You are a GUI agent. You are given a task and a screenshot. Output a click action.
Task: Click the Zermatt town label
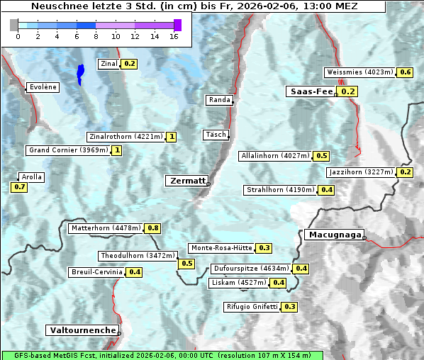[x=186, y=181]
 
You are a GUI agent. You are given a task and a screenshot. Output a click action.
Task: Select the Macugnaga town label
[x=334, y=235]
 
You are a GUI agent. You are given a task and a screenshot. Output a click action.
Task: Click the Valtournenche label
[x=82, y=330]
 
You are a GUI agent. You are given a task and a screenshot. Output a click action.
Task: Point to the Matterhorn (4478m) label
[x=105, y=228]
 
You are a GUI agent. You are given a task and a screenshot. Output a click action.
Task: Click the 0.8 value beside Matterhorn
[x=152, y=228]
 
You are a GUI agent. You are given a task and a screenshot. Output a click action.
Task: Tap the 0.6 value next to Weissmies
[x=405, y=72]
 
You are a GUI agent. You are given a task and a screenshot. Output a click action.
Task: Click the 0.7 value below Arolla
[x=19, y=187]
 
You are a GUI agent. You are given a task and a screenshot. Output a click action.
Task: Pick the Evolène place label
[x=43, y=87]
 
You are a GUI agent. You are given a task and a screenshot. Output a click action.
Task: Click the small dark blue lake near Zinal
[x=80, y=73]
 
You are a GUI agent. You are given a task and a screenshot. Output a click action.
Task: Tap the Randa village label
[x=219, y=100]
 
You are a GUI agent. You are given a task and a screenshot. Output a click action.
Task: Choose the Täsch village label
[x=216, y=135]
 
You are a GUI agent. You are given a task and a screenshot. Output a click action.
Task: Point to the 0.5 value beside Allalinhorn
[x=321, y=156]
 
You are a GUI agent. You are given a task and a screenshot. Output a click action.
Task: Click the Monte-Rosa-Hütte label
[x=221, y=248]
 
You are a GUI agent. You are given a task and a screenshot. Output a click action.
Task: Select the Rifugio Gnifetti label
[x=252, y=307]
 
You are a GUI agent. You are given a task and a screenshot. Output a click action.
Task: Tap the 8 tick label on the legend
[x=96, y=36]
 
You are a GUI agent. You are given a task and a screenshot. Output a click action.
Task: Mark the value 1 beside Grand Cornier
[x=117, y=150]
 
